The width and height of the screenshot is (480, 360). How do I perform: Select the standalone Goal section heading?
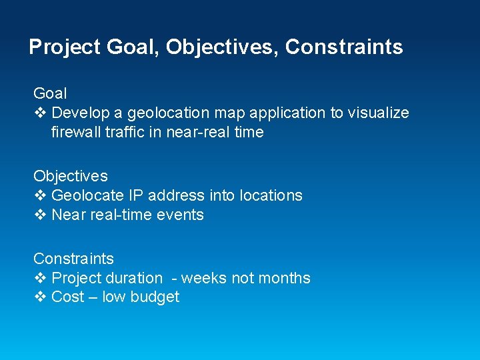pyautogui.click(x=50, y=93)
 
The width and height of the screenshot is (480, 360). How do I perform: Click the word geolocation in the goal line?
pyautogui.click(x=165, y=113)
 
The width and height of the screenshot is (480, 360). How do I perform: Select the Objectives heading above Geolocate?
pyautogui.click(x=70, y=176)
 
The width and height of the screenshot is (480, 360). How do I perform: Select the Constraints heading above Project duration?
pyautogui.click(x=73, y=259)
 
